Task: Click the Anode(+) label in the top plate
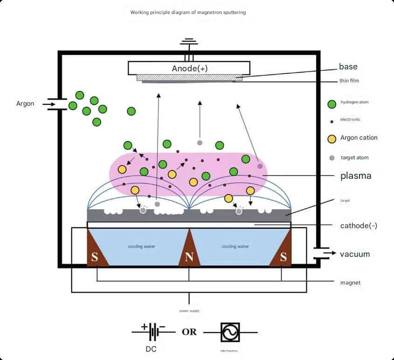click(190, 68)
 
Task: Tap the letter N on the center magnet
click(189, 257)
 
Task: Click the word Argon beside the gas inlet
click(25, 104)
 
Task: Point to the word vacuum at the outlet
click(355, 254)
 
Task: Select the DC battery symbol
click(153, 332)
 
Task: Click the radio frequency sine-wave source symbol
click(230, 333)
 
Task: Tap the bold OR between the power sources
click(189, 332)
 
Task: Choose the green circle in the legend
click(332, 104)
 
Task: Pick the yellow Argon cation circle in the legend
click(332, 139)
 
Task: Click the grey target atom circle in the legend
click(332, 158)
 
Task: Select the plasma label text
click(356, 176)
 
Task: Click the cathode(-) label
click(359, 226)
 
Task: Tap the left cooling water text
click(141, 246)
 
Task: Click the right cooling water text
click(235, 246)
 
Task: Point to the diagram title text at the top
click(188, 12)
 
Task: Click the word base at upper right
click(348, 67)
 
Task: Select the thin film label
click(349, 81)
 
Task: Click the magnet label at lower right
click(350, 283)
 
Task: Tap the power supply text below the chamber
click(189, 311)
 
